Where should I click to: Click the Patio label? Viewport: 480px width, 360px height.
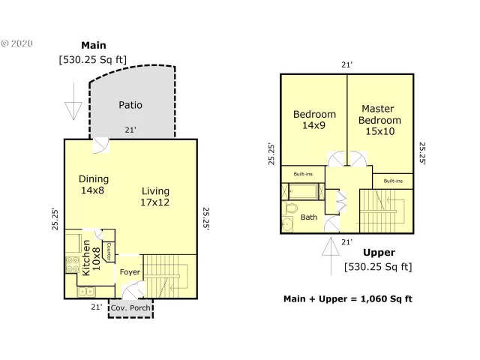[130, 105]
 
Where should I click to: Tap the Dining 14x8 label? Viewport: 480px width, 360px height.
[94, 184]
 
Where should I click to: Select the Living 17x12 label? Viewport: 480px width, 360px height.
[155, 196]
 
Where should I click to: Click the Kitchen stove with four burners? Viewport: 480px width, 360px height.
[73, 264]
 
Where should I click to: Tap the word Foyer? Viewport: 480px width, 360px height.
[130, 271]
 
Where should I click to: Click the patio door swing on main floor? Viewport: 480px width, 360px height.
[101, 145]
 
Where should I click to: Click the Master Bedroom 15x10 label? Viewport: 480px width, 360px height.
[379, 120]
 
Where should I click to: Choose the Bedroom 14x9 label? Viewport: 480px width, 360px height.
[313, 120]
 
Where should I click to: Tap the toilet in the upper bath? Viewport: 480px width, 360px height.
[289, 223]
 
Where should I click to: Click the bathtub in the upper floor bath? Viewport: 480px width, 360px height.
[301, 193]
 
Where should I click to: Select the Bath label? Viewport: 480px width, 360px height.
[308, 217]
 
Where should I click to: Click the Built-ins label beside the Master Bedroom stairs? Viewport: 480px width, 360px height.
[393, 181]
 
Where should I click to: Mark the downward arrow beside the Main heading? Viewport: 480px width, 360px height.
[73, 108]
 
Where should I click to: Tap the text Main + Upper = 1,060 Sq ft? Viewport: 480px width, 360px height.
[348, 298]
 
